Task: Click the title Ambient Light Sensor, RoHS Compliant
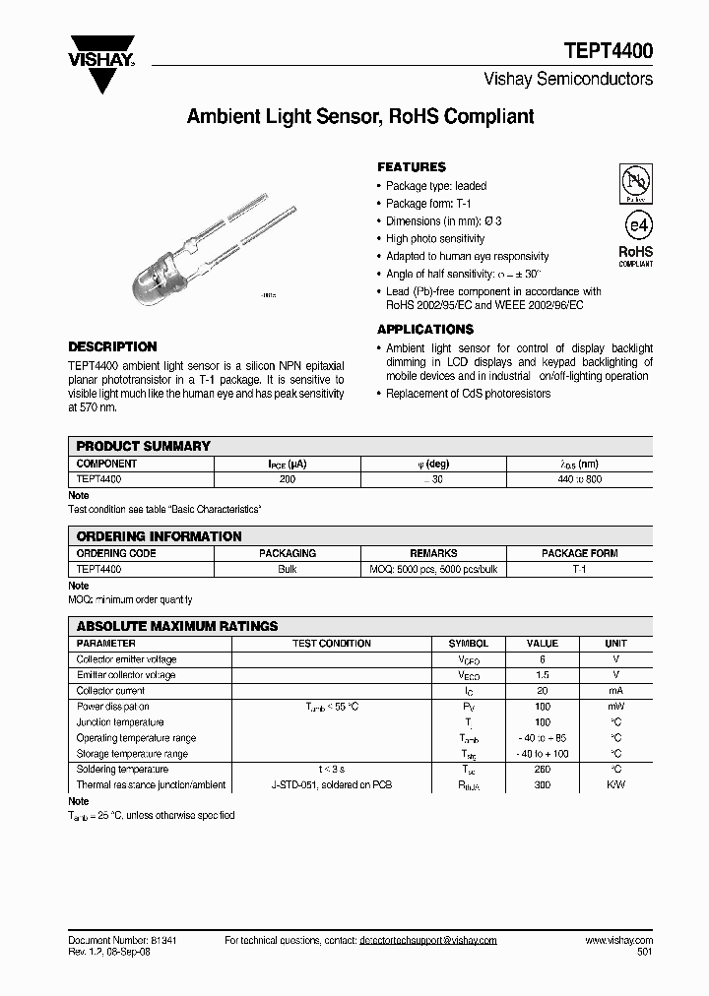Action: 360,117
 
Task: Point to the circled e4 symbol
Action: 635,222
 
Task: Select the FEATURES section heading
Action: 411,167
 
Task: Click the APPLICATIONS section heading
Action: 424,330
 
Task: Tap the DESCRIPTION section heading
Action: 112,346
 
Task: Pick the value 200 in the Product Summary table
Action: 287,478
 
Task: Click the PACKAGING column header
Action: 288,553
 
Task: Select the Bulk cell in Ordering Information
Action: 288,569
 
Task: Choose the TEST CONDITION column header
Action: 331,644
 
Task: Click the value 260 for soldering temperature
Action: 543,770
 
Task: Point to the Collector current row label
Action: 111,691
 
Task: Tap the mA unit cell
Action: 615,691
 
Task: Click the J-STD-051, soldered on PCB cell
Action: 331,785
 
